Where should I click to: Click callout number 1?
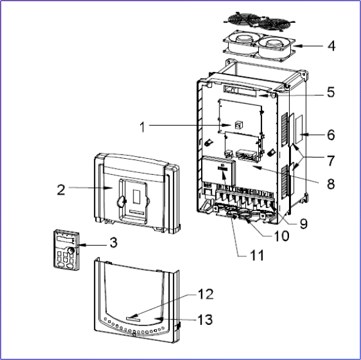pos(143,127)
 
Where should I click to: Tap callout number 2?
pos(61,190)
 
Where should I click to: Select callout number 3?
pos(114,242)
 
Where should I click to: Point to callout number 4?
pos(331,46)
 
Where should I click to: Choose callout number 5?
pos(331,92)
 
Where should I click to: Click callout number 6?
pos(331,135)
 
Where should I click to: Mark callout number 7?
pos(331,161)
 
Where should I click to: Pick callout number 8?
pos(331,184)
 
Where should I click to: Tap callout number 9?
pos(303,223)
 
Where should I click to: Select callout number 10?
pos(282,236)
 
